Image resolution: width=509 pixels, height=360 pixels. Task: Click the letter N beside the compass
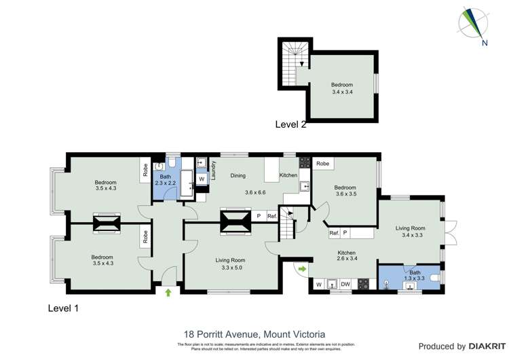pyautogui.click(x=484, y=43)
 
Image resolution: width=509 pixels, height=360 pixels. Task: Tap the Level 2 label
pyautogui.click(x=290, y=124)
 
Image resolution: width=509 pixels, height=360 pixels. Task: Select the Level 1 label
pyautogui.click(x=63, y=308)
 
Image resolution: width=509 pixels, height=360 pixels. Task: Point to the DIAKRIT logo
pyautogui.click(x=482, y=346)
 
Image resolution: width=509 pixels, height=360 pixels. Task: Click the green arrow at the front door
pyautogui.click(x=168, y=293)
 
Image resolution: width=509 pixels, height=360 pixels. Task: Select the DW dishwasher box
pyautogui.click(x=345, y=285)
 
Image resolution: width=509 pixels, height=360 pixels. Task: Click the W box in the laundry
pyautogui.click(x=202, y=179)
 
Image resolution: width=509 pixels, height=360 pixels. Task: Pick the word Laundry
pyautogui.click(x=213, y=169)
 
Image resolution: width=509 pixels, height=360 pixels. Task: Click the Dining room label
pyautogui.click(x=238, y=176)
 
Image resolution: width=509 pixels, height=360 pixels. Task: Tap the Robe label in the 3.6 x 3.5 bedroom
pyautogui.click(x=322, y=164)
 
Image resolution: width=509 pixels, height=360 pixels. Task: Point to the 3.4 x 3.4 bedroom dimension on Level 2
pyautogui.click(x=342, y=92)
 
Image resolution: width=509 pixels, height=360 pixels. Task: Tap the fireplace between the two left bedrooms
pyautogui.click(x=105, y=223)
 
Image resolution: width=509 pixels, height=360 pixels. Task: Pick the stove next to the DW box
pyautogui.click(x=363, y=285)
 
